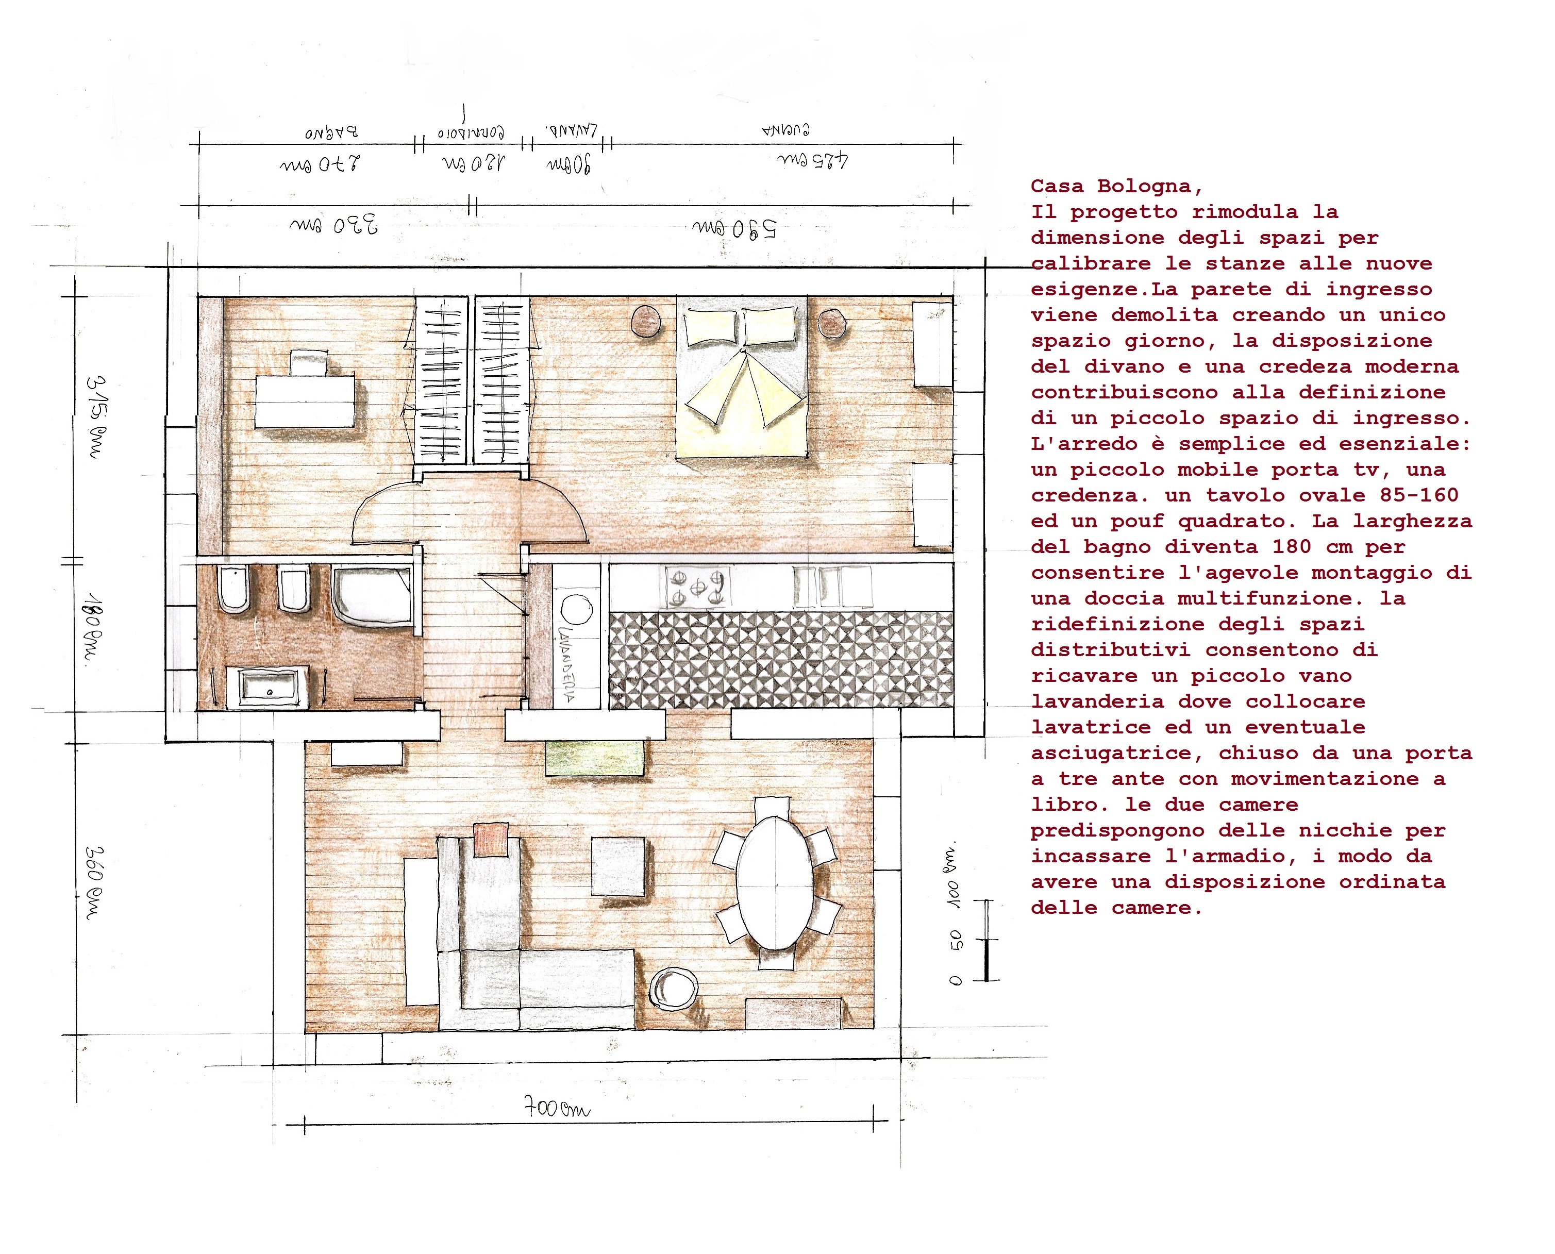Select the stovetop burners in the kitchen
pyautogui.click(x=697, y=587)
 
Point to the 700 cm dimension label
pyautogui.click(x=557, y=1107)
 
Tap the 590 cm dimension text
pyautogui.click(x=734, y=229)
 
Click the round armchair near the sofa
pyautogui.click(x=673, y=988)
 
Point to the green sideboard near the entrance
pyautogui.click(x=594, y=758)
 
